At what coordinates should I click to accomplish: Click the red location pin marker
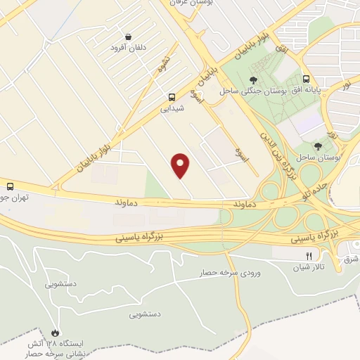coord(181,165)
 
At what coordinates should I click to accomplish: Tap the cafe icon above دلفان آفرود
coord(128,37)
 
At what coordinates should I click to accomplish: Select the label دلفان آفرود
coord(127,49)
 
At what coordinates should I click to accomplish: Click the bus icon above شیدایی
coord(172,98)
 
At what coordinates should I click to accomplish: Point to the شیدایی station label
coord(172,109)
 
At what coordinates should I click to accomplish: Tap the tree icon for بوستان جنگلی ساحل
coord(252,80)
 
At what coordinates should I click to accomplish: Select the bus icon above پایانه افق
coord(306,79)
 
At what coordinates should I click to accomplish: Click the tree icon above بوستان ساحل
coord(319,146)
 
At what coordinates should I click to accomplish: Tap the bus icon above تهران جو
coord(10,187)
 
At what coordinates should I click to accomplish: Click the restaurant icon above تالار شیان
coord(309,257)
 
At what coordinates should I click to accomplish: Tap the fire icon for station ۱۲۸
coord(56,330)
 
